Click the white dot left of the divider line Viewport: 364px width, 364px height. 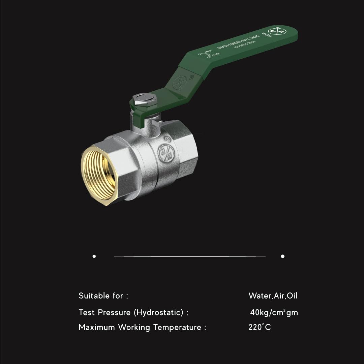(x=94, y=256)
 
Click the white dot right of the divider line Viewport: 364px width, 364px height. (x=282, y=256)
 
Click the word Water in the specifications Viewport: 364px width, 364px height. (x=260, y=296)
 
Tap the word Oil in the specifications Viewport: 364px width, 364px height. (x=292, y=296)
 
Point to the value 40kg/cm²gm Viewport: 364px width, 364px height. (x=274, y=312)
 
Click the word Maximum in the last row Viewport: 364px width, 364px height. (x=97, y=327)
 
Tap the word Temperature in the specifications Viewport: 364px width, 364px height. (x=177, y=327)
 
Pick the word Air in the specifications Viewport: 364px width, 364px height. (x=279, y=296)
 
